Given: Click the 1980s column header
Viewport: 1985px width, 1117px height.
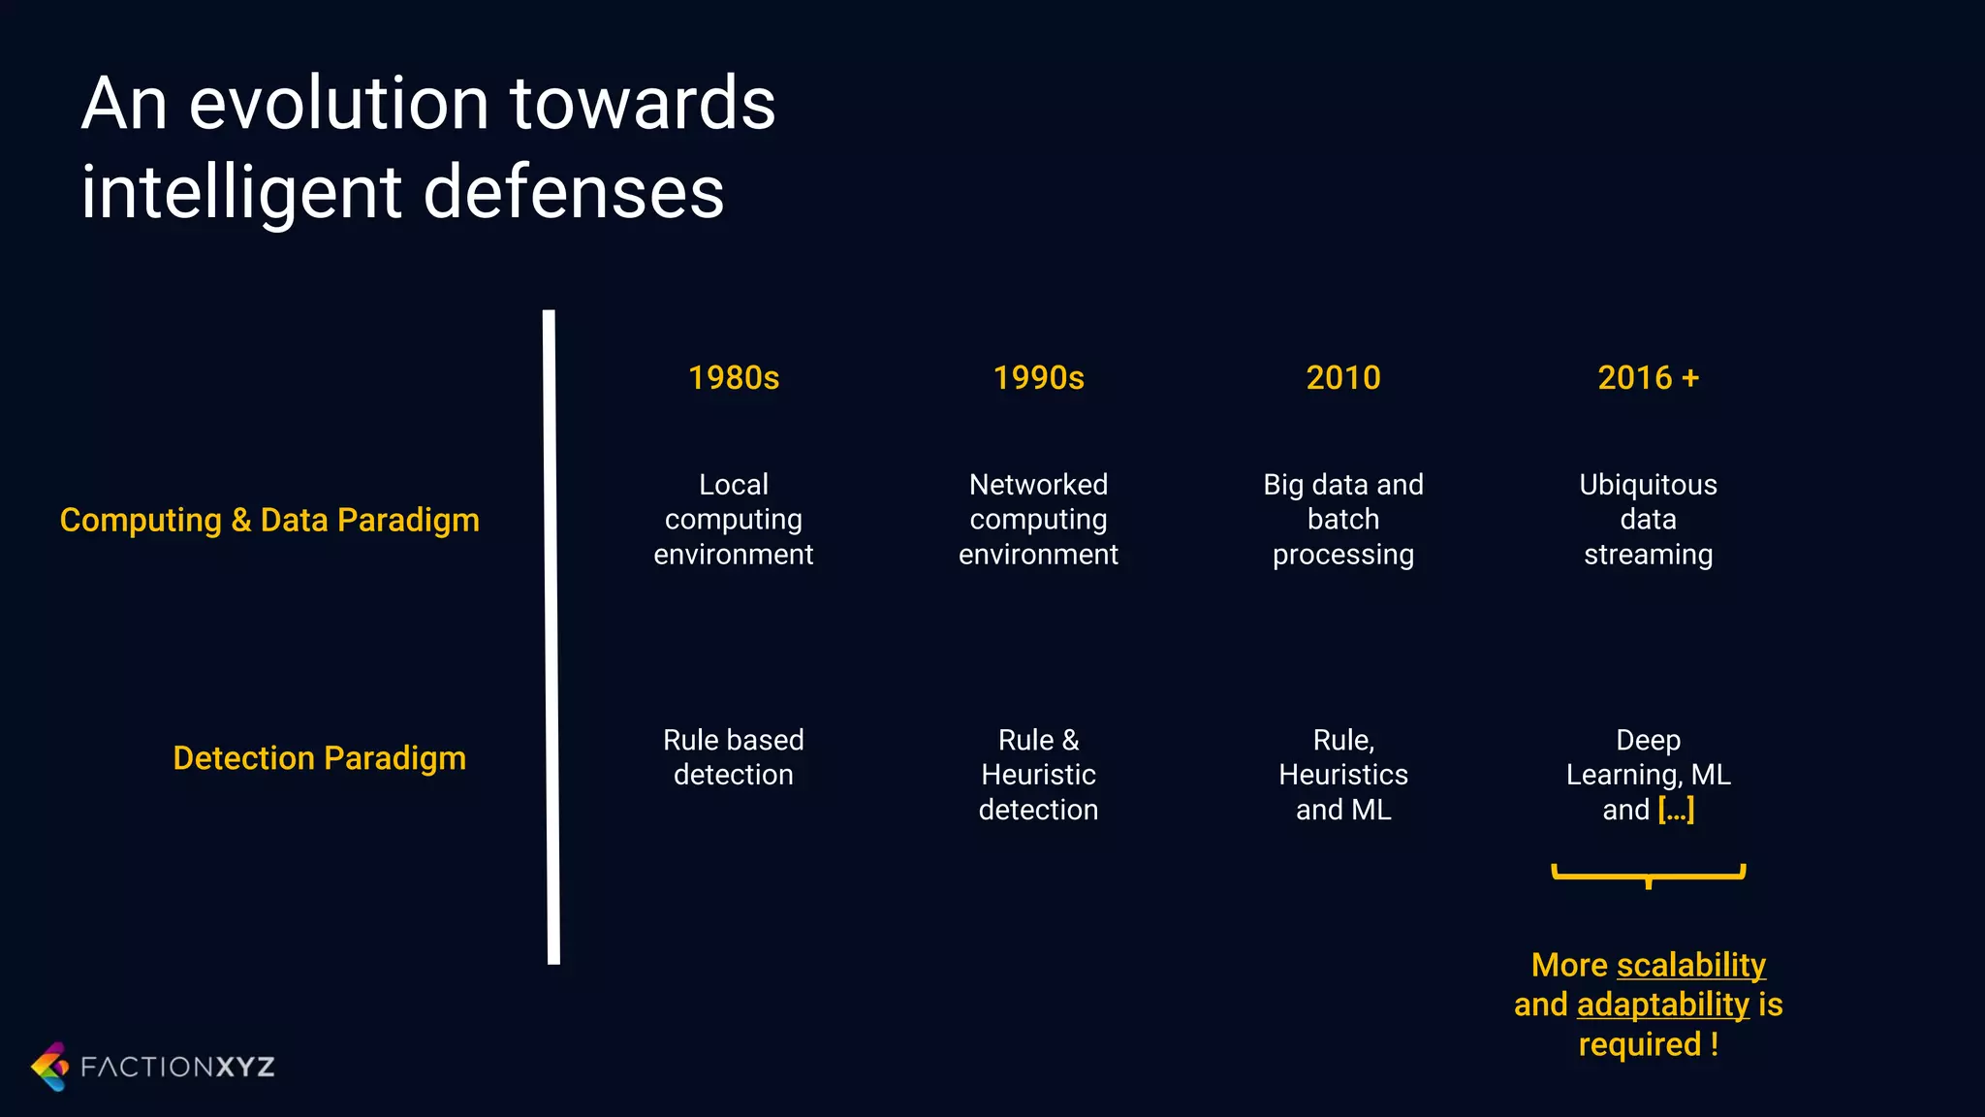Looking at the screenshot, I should point(734,377).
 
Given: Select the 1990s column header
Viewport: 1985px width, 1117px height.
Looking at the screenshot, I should point(1038,377).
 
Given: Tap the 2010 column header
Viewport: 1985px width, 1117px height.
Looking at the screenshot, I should point(1342,377).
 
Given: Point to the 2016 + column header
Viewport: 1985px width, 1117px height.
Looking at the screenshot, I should point(1648,377).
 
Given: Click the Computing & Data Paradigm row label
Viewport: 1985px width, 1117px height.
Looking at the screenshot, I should point(269,521).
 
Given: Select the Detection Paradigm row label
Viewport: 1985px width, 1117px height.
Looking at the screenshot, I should point(319,758).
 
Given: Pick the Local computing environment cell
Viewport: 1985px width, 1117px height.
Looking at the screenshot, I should point(734,520).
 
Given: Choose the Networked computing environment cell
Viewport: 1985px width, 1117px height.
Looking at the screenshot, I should point(1038,520).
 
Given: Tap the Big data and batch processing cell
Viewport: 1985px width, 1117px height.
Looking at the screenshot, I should point(1342,520).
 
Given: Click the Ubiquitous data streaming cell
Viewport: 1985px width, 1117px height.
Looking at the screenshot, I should point(1648,520).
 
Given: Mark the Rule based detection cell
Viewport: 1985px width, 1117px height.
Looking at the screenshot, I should point(734,757).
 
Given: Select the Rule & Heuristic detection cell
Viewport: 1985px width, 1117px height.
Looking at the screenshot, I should point(1038,775).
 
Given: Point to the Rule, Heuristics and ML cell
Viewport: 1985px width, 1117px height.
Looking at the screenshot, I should point(1342,775).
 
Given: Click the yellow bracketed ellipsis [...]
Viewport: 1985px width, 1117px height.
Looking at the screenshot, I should point(1676,810).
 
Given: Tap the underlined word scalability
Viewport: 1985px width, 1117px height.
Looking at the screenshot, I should point(1691,966).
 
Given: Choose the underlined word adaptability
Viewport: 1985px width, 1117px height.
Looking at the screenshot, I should point(1663,1005).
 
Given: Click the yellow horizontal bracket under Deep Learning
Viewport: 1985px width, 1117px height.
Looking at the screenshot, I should point(1648,875).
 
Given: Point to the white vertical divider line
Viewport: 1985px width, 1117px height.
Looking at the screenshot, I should point(551,637).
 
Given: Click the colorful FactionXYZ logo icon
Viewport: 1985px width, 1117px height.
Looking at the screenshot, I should point(50,1067).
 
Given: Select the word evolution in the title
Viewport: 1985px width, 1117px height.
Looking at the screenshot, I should point(338,104).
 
